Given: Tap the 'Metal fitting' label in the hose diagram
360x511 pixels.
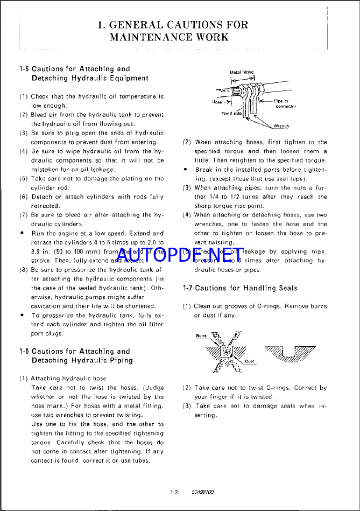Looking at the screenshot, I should click(242, 72).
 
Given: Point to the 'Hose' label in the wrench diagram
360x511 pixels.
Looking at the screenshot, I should click(217, 102).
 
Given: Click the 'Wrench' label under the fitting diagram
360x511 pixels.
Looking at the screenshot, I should click(281, 126).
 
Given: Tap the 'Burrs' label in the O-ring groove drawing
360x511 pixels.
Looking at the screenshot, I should click(201, 335).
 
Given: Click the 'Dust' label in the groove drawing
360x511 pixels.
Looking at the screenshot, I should click(250, 361).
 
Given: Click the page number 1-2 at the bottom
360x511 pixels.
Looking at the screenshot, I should click(174, 492).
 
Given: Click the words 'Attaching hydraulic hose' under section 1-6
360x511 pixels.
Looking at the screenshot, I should click(68, 379).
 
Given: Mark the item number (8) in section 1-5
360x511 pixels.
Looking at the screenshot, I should click(24, 269).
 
